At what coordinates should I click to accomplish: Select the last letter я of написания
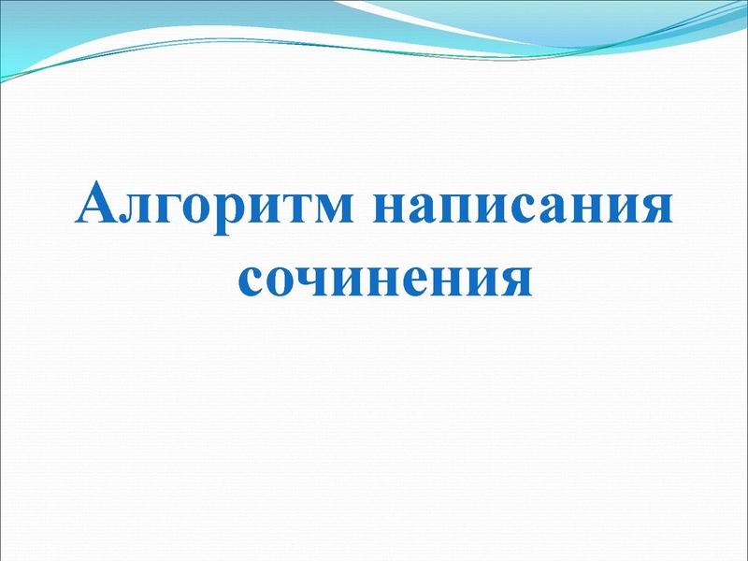click(x=655, y=210)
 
